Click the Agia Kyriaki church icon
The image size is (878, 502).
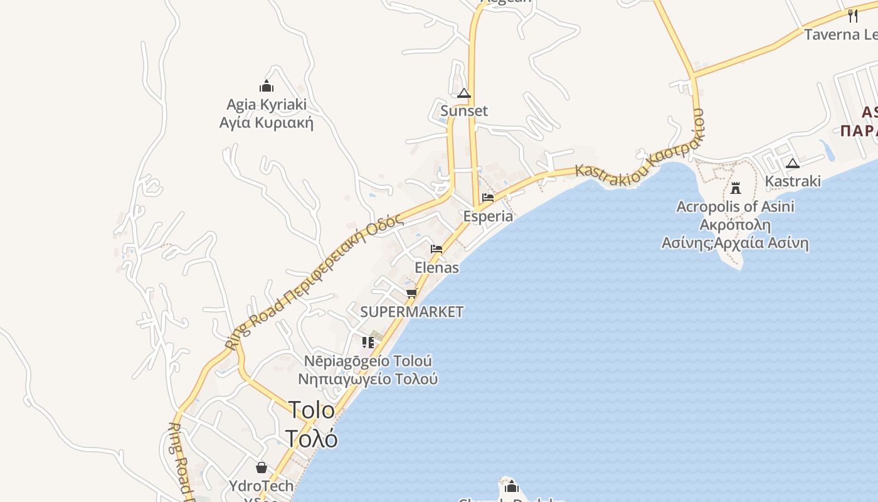267,86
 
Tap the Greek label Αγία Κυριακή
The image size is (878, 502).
267,122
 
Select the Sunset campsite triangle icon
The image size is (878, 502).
464,93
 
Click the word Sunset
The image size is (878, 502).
464,111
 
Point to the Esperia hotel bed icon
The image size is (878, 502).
488,198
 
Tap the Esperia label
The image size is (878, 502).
488,216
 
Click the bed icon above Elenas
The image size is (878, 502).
436,249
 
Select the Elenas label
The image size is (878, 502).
436,268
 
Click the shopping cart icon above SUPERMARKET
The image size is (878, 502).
412,293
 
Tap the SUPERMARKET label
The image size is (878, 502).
412,312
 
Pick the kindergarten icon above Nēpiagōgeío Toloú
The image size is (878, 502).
368,343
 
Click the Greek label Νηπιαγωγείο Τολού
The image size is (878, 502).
368,380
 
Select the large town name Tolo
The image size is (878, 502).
312,410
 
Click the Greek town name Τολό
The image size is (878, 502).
312,438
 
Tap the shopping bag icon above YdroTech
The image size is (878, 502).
262,467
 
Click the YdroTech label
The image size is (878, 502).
262,486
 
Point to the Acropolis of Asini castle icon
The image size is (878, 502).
736,188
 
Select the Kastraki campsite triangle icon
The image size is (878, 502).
793,164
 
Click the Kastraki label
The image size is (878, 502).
793,181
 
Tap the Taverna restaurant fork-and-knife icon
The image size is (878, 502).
853,16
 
